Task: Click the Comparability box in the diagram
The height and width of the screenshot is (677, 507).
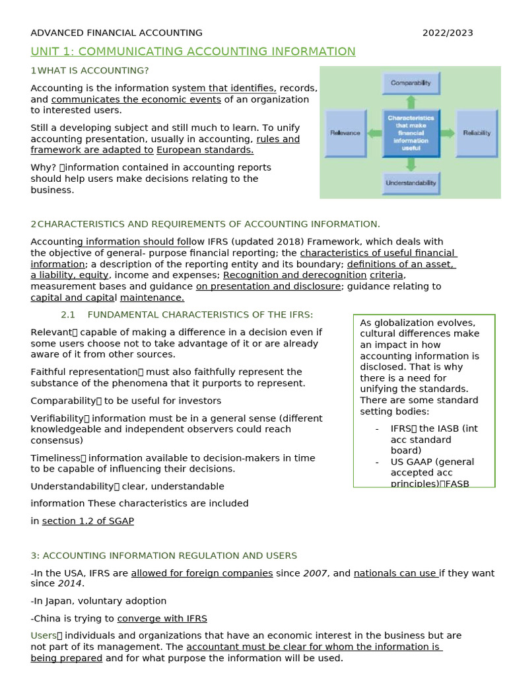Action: pos(411,83)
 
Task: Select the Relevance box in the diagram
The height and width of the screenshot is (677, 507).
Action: pos(345,133)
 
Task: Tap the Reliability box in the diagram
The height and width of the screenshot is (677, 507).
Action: pos(476,133)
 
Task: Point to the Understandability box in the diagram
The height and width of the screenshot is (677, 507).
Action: pos(411,183)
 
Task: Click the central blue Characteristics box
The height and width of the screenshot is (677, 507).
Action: pos(411,133)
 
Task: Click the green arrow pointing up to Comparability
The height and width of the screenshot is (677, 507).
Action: pos(411,102)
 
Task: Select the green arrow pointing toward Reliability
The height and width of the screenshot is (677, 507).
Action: pos(448,133)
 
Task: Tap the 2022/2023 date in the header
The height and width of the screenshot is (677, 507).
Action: pos(448,33)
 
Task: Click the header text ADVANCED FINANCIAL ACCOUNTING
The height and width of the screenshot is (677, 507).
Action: pos(117,33)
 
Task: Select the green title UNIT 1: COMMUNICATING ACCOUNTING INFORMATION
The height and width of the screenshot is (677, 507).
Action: pos(193,52)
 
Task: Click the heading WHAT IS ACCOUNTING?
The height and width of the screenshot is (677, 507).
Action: pos(93,71)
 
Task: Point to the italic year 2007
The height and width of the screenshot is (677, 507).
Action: pos(315,573)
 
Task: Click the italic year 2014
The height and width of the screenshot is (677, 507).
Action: pos(69,584)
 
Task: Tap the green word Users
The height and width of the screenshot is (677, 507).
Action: pos(44,635)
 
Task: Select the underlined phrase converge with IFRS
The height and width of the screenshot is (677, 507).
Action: pos(162,619)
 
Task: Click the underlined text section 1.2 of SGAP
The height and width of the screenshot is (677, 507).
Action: pos(88,521)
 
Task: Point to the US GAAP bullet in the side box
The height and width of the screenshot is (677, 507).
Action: pos(432,462)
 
